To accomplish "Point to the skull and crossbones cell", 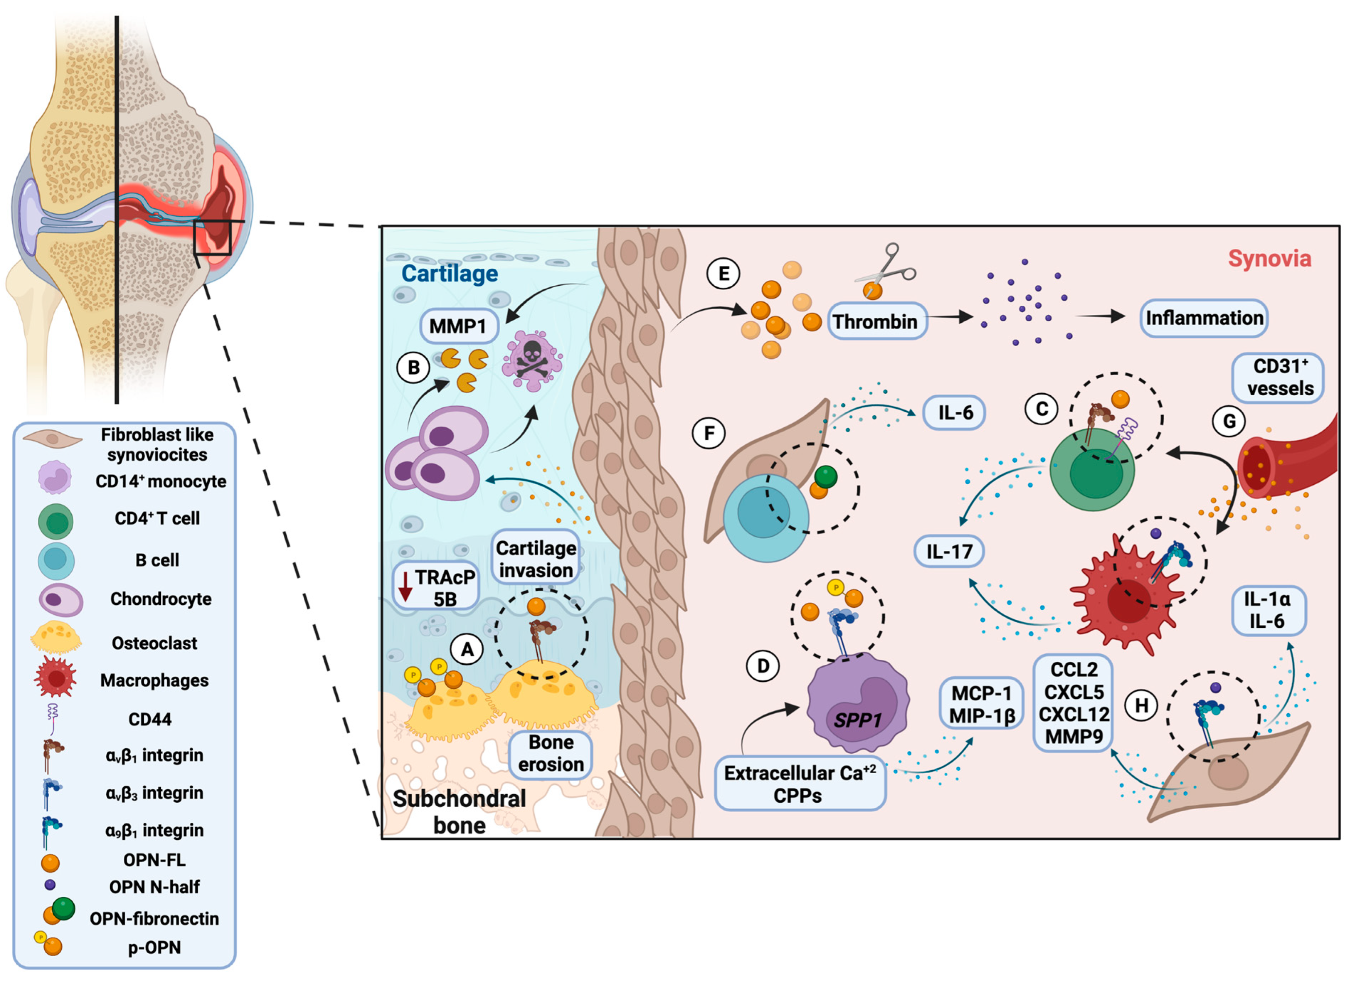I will point(532,360).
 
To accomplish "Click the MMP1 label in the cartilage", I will point(458,326).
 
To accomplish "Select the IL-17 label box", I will point(949,551).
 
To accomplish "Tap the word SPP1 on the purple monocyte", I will point(857,720).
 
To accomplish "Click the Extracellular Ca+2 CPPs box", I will point(800,784).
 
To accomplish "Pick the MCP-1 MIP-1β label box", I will point(982,704).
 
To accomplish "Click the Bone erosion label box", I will point(551,754).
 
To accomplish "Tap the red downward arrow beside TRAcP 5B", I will point(405,586).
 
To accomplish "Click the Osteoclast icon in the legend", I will point(56,637).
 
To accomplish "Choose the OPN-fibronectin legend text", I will point(155,919).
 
